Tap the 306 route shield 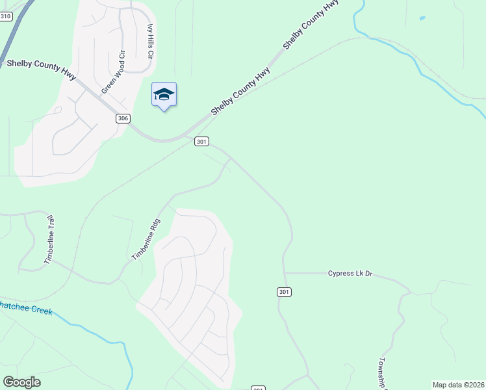click(x=123, y=118)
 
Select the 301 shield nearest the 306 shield click(x=201, y=141)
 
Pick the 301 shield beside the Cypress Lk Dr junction click(x=283, y=292)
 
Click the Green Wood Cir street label click(x=112, y=72)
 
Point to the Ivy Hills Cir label click(x=149, y=42)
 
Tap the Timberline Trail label click(x=49, y=240)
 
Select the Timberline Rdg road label click(x=146, y=239)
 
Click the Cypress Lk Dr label click(x=352, y=274)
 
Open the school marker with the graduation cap click(x=164, y=95)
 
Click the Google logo click(x=21, y=382)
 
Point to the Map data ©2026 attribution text click(x=458, y=385)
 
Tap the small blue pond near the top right click(x=422, y=18)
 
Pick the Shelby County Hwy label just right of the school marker click(x=240, y=94)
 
